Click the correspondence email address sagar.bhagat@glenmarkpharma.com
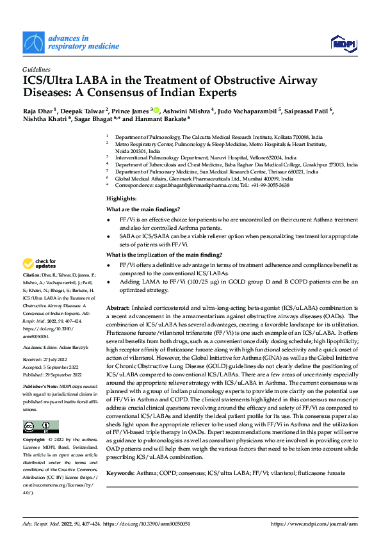point(182,184)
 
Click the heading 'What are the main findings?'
point(143,209)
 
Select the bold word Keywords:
point(121,472)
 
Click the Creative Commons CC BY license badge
point(40,409)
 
